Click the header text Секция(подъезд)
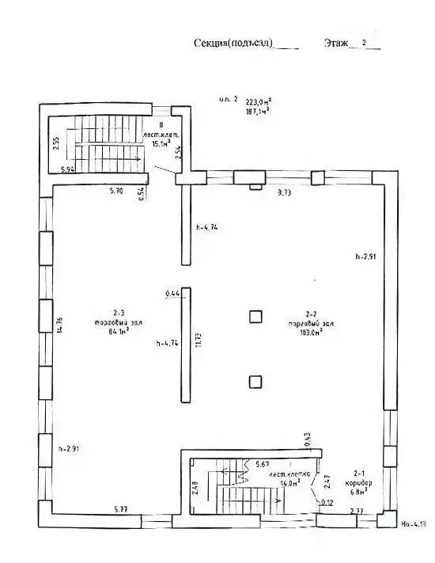pos(233,44)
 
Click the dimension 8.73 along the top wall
pos(284,192)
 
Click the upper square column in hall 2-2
pos(254,317)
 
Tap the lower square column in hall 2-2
pos(254,382)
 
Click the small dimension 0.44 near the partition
pos(173,294)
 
